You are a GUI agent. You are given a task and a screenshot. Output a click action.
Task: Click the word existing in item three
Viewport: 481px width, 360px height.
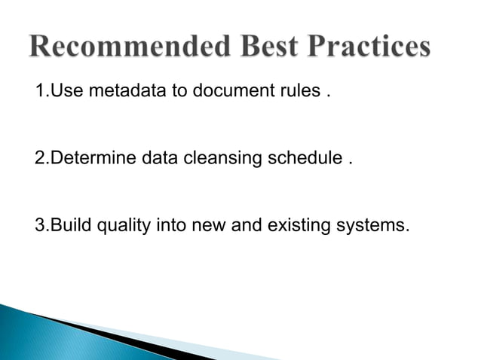pos(296,224)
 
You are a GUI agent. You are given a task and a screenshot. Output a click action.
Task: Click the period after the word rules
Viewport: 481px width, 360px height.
pos(327,99)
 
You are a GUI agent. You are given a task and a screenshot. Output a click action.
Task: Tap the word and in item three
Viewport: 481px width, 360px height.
pos(242,224)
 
